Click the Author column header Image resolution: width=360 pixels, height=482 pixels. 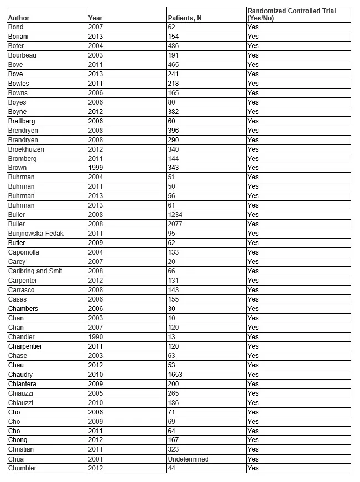coord(19,18)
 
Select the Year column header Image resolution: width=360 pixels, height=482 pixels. coord(95,18)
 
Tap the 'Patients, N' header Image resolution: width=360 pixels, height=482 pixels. coord(184,18)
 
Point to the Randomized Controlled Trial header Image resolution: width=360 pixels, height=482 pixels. coord(291,14)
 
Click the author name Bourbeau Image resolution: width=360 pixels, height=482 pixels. coord(23,55)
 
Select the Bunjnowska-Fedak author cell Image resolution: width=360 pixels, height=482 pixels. coord(35,234)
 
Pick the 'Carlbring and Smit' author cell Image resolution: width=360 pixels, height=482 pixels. coord(35,271)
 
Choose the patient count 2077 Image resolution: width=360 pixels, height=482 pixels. coord(175,224)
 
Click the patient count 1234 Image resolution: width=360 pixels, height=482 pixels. coord(175,215)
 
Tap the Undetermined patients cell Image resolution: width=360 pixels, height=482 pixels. coord(189,459)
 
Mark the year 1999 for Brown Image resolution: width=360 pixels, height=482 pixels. coord(96,168)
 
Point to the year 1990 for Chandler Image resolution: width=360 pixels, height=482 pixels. coord(96,337)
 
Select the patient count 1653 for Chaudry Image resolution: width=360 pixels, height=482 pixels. coord(175,375)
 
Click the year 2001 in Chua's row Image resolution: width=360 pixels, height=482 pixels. coord(96,459)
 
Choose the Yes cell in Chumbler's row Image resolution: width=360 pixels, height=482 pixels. coord(253,468)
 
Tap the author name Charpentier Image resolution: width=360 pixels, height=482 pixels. coord(25,346)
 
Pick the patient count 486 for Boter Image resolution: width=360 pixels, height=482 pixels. coord(174,46)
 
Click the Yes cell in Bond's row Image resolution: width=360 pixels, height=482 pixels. coord(253,27)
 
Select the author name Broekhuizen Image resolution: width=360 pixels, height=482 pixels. coord(26,149)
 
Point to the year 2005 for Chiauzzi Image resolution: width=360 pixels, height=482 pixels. coord(96,393)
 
